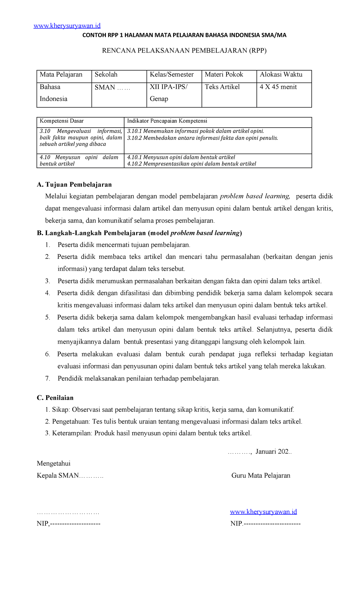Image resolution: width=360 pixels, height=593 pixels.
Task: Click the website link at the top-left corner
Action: (67, 26)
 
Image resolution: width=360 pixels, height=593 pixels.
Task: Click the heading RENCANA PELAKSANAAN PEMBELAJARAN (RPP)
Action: (184, 50)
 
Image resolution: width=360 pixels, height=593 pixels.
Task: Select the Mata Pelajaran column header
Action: (61, 75)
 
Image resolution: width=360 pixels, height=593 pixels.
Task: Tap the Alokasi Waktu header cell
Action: (281, 75)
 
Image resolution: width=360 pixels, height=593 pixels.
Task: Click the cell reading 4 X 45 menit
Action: (278, 87)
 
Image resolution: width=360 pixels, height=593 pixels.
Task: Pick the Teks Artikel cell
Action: (222, 87)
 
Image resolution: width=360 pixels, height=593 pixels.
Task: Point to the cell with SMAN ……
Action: (112, 87)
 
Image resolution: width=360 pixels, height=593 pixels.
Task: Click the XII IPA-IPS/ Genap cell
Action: (169, 93)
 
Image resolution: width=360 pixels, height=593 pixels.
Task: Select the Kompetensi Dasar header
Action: (62, 121)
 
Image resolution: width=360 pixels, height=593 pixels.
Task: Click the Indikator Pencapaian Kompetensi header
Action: (167, 121)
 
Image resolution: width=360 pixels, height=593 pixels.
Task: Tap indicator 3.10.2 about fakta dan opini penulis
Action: (202, 138)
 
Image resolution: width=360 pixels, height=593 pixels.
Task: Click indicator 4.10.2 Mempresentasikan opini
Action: (191, 164)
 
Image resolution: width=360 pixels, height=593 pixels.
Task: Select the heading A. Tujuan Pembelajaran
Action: (74, 184)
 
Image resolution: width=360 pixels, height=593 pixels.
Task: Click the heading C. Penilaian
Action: (55, 398)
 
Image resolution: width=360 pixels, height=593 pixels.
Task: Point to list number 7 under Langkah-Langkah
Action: (47, 378)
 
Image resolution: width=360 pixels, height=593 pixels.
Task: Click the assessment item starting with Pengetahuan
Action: (174, 421)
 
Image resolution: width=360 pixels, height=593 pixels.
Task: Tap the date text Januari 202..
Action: (273, 452)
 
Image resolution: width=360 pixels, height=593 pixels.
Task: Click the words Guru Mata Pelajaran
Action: (261, 475)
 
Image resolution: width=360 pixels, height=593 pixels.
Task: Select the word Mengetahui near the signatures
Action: (54, 463)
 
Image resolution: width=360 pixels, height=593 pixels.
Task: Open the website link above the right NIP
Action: (263, 512)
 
